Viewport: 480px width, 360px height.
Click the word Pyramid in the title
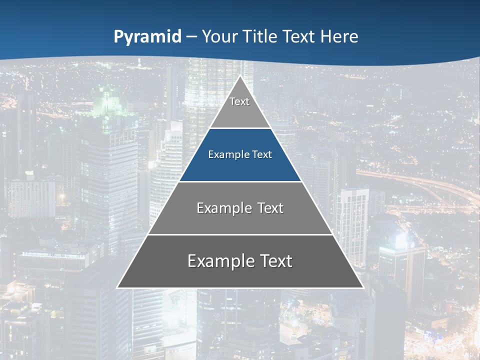[x=147, y=37]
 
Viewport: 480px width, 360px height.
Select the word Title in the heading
[x=262, y=36]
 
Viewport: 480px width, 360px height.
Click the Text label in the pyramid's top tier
[x=239, y=101]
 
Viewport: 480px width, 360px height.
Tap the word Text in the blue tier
[x=262, y=155]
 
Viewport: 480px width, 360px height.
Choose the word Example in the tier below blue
[x=222, y=208]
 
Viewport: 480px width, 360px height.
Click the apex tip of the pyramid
[x=240, y=76]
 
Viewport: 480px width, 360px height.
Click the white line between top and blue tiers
[x=240, y=128]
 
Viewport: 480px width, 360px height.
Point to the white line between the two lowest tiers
[x=240, y=234]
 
